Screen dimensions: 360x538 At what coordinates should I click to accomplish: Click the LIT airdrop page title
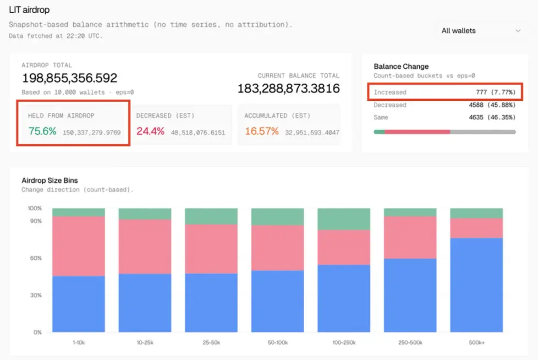pos(29,9)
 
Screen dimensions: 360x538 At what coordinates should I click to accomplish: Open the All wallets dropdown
pos(481,31)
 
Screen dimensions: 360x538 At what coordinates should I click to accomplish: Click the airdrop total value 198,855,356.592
pos(69,78)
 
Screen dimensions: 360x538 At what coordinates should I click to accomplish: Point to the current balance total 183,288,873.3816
pos(288,88)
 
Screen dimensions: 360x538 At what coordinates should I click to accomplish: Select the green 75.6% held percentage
pos(42,132)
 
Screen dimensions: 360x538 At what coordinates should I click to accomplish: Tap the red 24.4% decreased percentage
pos(150,132)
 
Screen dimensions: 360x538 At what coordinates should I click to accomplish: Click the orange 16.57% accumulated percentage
pos(262,132)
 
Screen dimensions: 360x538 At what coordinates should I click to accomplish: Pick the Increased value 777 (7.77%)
pos(496,92)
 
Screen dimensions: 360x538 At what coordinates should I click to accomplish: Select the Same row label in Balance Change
pos(381,117)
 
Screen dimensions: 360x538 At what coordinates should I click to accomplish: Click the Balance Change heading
pos(401,67)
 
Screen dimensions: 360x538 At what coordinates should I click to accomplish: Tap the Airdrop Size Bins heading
pos(50,181)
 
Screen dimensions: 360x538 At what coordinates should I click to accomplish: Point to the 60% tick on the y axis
pos(35,258)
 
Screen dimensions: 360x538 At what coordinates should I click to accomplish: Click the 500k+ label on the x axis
pos(476,342)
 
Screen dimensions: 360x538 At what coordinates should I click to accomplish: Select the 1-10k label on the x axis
pos(78,342)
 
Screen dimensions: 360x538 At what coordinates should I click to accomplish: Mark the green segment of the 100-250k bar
pos(343,219)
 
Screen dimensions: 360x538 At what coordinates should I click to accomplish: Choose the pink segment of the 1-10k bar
pos(78,246)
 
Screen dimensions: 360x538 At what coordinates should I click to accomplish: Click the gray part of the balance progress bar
pos(482,132)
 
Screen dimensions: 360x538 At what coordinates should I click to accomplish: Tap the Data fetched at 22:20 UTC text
pos(56,36)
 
